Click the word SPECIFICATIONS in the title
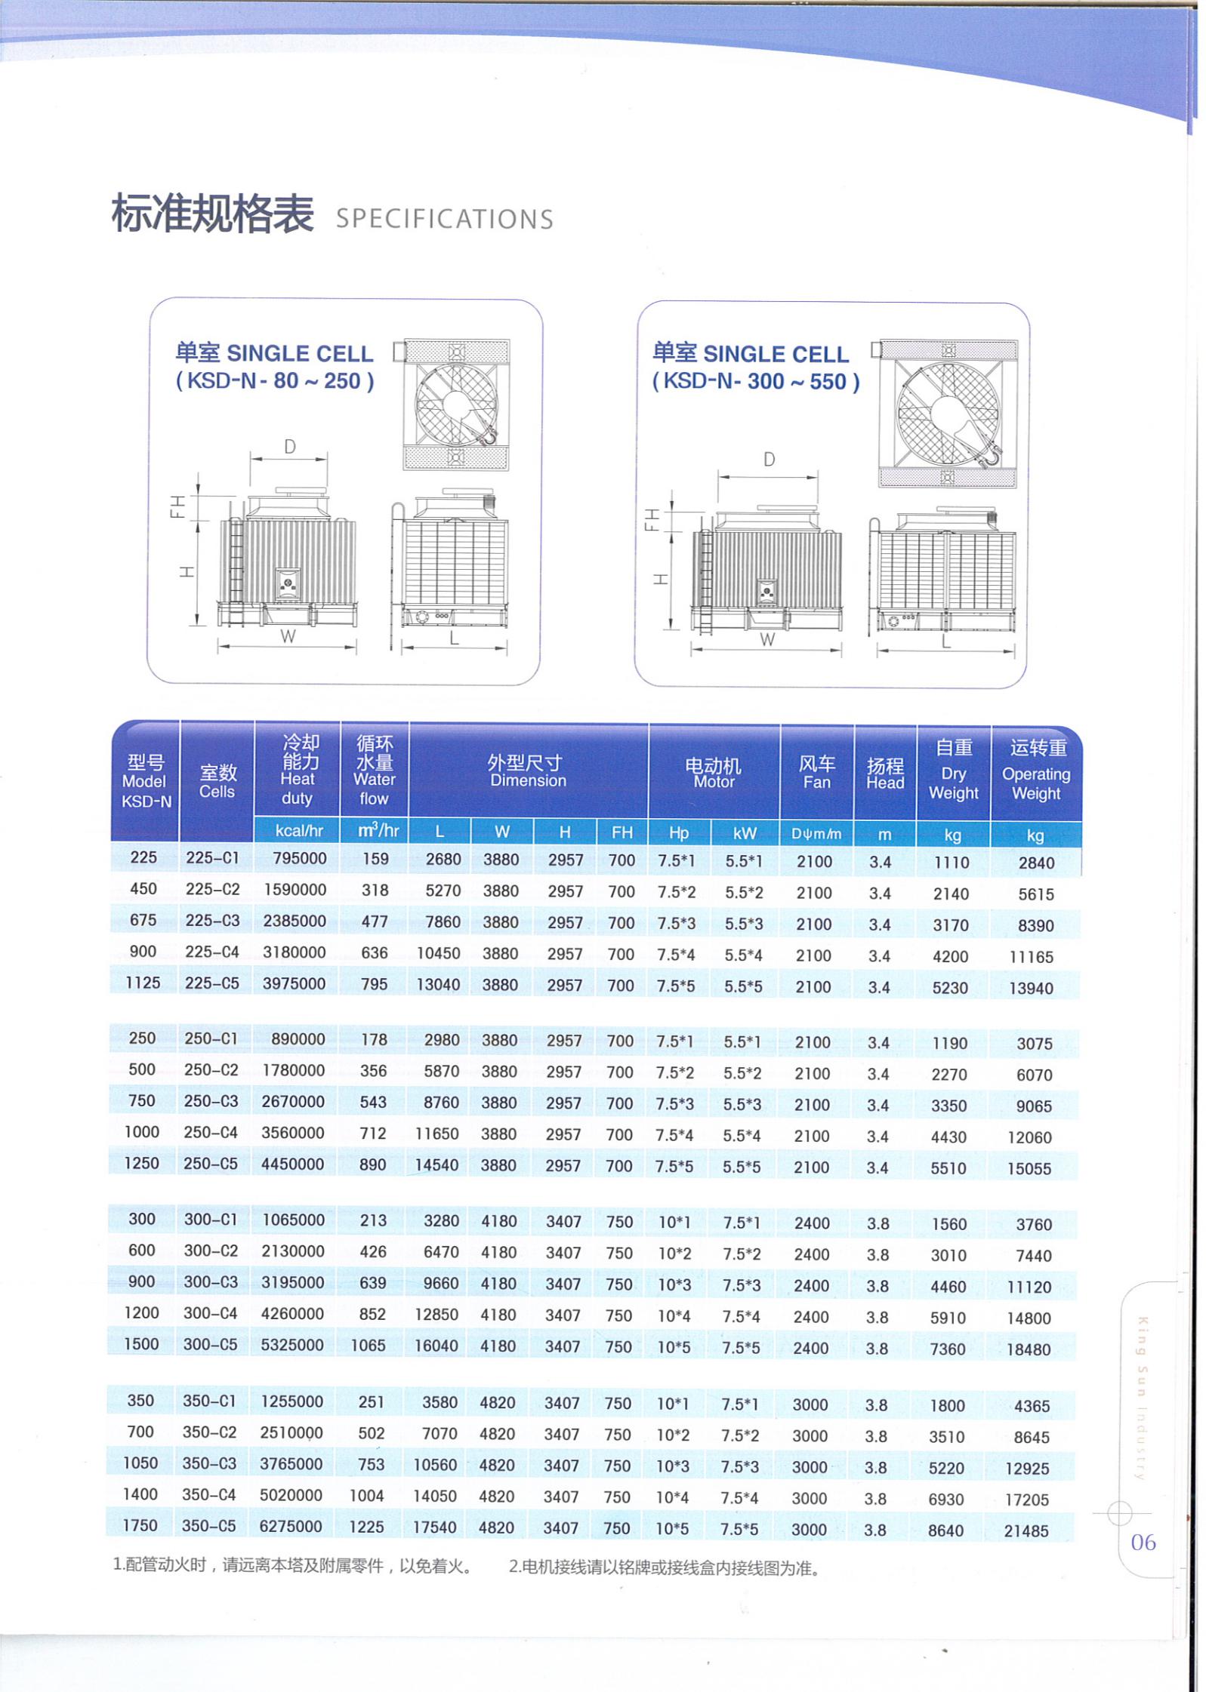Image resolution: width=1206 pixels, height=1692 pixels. (x=444, y=219)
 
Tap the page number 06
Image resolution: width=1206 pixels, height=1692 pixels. (x=1143, y=1542)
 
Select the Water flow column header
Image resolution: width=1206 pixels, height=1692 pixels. (x=375, y=771)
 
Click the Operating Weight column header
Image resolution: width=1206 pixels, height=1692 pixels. (x=1036, y=771)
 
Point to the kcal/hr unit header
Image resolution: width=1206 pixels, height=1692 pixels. (x=299, y=831)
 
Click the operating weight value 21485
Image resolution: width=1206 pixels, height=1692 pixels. (x=1026, y=1530)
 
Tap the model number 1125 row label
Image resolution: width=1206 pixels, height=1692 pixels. (x=143, y=983)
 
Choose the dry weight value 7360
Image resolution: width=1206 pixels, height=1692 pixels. (x=948, y=1349)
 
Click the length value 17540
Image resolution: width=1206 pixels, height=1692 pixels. (x=435, y=1527)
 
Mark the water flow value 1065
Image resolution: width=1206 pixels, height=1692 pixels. (x=368, y=1345)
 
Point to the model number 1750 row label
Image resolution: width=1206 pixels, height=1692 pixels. (x=140, y=1525)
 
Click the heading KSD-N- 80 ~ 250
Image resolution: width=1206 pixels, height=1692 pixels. (x=275, y=380)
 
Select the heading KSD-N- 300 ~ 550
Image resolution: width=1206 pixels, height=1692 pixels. (x=756, y=381)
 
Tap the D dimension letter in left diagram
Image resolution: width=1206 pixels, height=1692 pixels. (x=290, y=447)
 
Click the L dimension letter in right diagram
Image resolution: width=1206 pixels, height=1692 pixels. (x=945, y=643)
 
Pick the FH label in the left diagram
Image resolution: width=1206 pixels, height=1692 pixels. (x=177, y=506)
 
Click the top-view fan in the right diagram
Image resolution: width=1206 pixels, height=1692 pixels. (x=948, y=413)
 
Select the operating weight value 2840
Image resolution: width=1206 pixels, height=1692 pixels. (x=1036, y=863)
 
